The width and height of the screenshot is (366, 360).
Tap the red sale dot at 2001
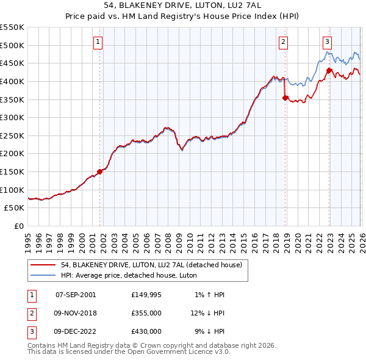[x=100, y=171]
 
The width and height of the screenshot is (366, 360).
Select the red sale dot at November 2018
[x=285, y=97]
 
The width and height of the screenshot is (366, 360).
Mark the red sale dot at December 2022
[x=329, y=70]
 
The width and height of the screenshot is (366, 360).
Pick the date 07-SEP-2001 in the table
[x=76, y=295]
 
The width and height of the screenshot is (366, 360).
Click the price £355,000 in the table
[x=146, y=313]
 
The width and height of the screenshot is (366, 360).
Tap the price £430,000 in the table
[x=146, y=331]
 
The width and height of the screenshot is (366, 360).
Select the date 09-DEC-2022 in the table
[x=76, y=331]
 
